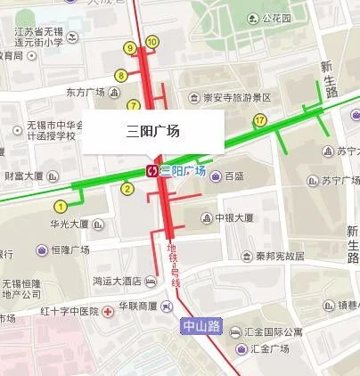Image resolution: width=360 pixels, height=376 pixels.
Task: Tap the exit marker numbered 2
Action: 127,188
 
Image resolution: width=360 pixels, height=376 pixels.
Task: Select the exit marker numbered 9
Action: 132,47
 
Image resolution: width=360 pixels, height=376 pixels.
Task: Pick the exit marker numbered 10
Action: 151,41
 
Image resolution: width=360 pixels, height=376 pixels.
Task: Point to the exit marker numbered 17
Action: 260,119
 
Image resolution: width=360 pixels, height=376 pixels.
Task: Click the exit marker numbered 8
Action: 121,76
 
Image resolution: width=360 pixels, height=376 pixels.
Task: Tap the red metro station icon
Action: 153,170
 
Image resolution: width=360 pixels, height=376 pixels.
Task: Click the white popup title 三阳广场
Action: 153,132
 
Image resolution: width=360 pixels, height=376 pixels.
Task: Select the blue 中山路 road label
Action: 200,326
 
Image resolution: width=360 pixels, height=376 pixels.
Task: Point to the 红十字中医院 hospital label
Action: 65,311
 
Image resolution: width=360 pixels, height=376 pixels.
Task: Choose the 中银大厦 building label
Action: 234,217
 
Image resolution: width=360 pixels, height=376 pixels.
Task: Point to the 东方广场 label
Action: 86,92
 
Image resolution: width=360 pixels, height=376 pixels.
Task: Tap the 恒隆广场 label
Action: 73,250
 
